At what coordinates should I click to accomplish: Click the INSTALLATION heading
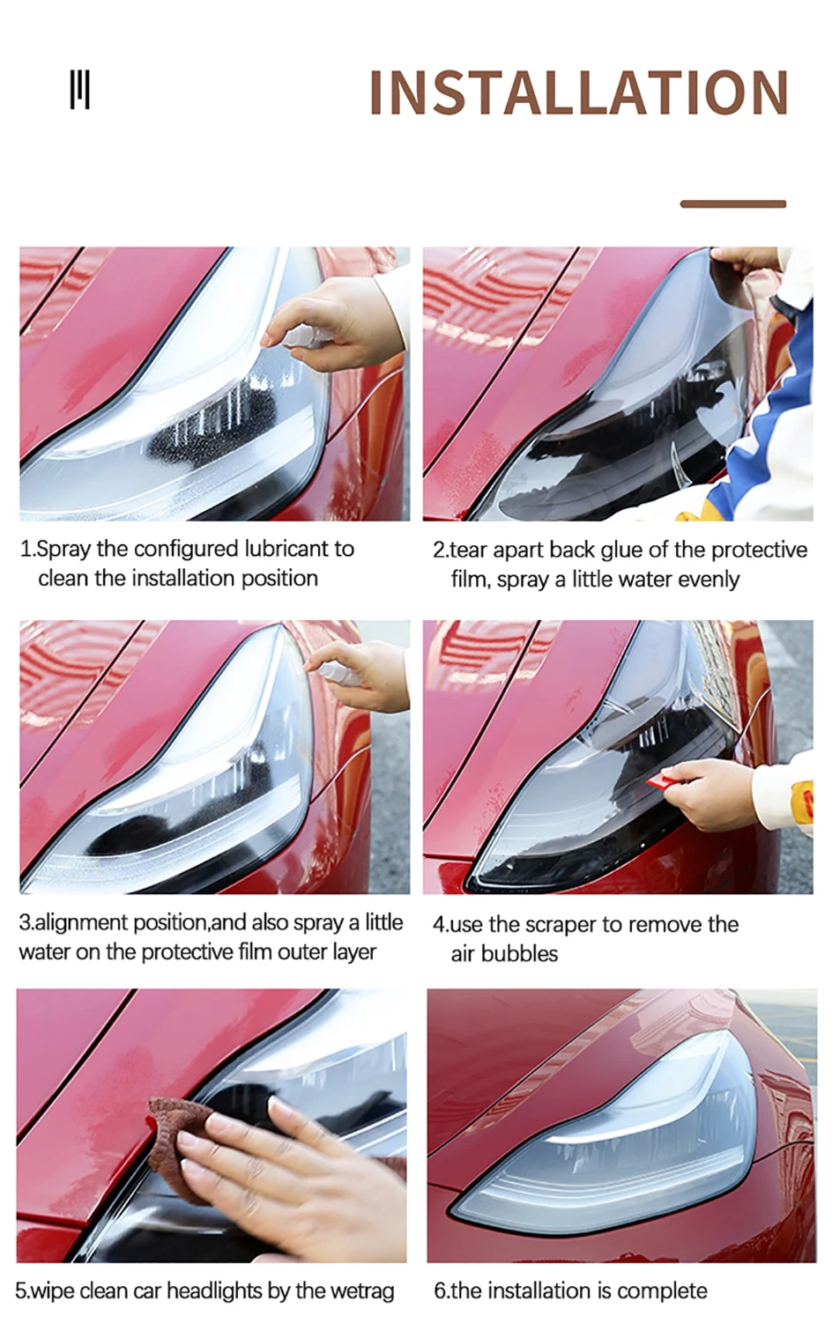(578, 92)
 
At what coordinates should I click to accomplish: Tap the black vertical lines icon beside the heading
(80, 90)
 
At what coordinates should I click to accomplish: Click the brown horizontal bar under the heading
(732, 203)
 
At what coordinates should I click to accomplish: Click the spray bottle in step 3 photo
(337, 672)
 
